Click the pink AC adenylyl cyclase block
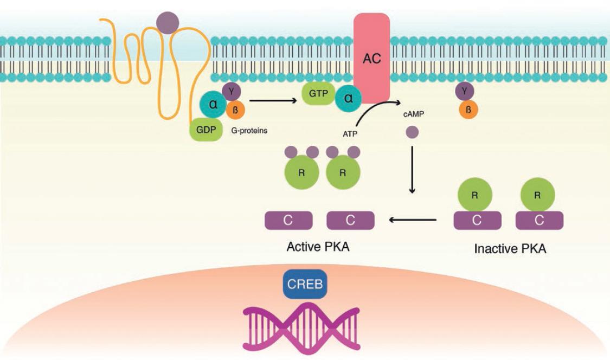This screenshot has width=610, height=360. [371, 57]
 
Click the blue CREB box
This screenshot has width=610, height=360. [305, 284]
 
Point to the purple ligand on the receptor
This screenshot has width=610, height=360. [167, 22]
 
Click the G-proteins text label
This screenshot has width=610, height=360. [249, 131]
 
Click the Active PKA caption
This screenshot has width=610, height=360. [318, 247]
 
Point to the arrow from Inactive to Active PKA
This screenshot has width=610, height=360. [412, 220]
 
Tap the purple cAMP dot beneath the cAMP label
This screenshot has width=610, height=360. [412, 132]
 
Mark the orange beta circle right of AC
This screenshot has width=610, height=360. [468, 110]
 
